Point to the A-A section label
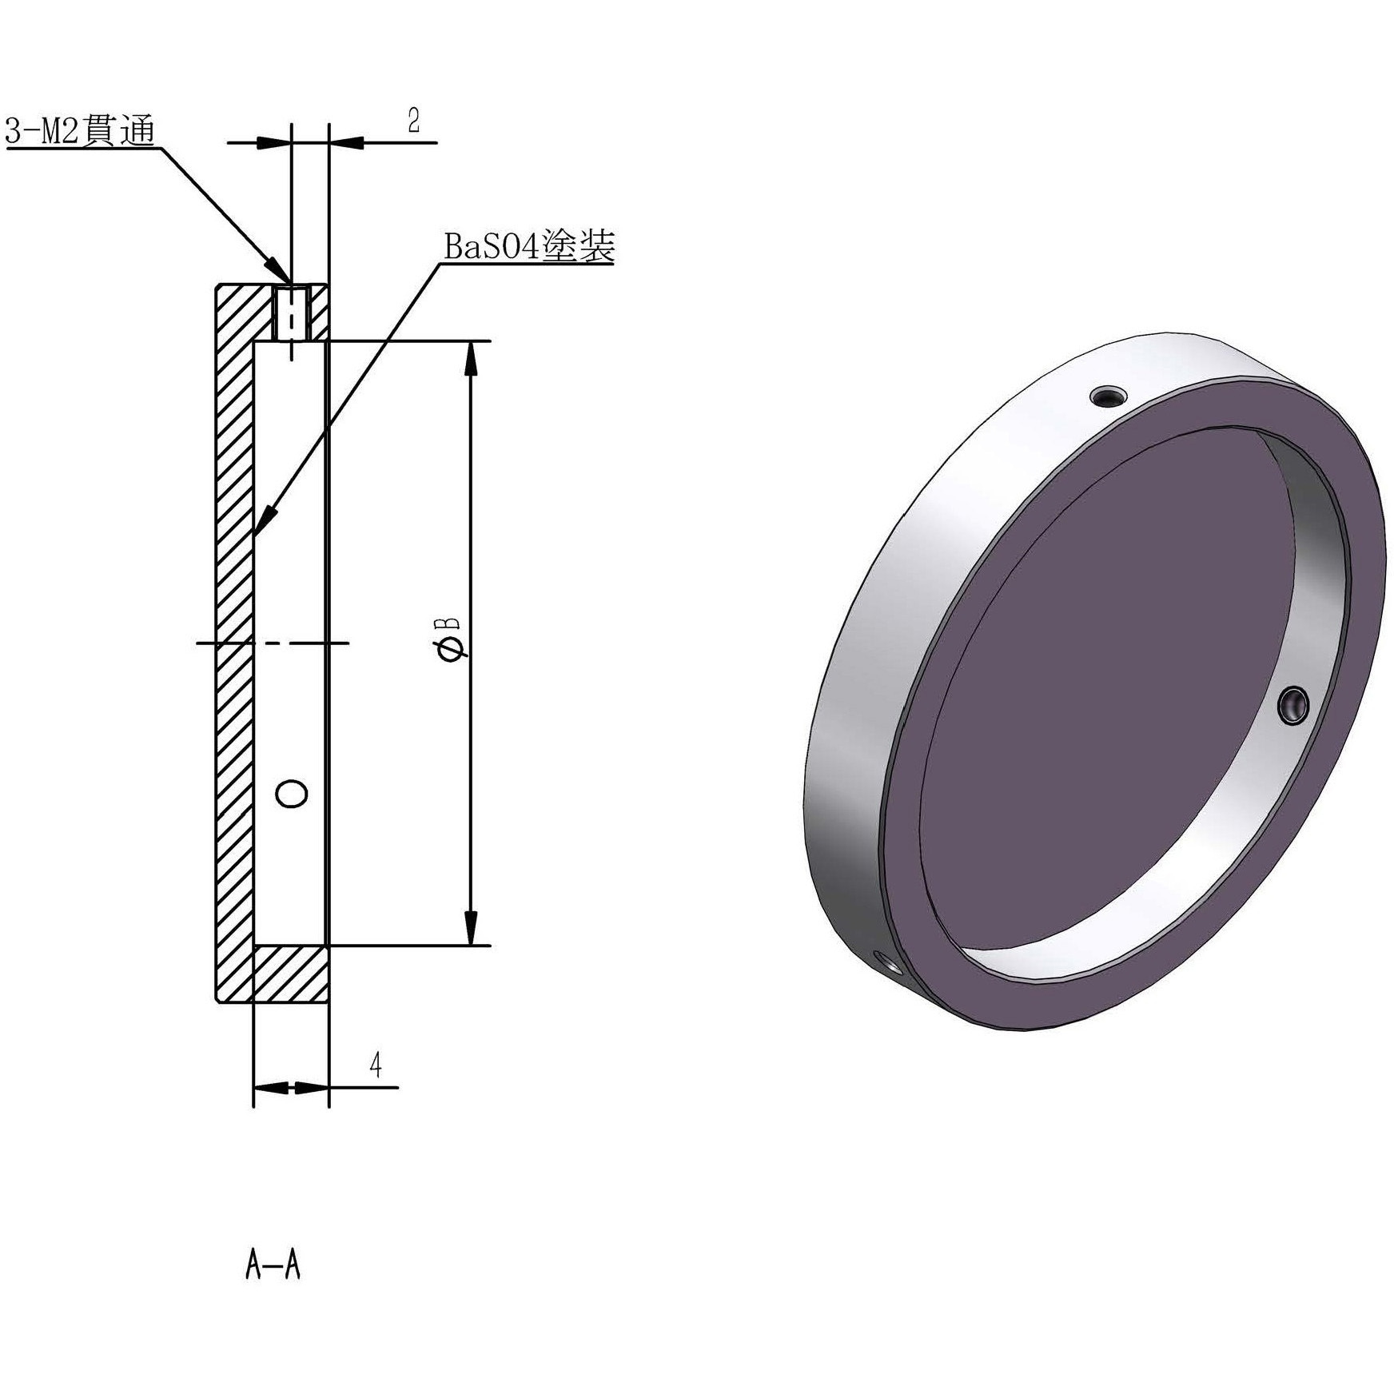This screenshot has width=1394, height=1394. coord(273,1266)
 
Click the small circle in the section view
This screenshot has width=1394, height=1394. coord(291,794)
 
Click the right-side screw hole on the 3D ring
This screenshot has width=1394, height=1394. coord(1292,705)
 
